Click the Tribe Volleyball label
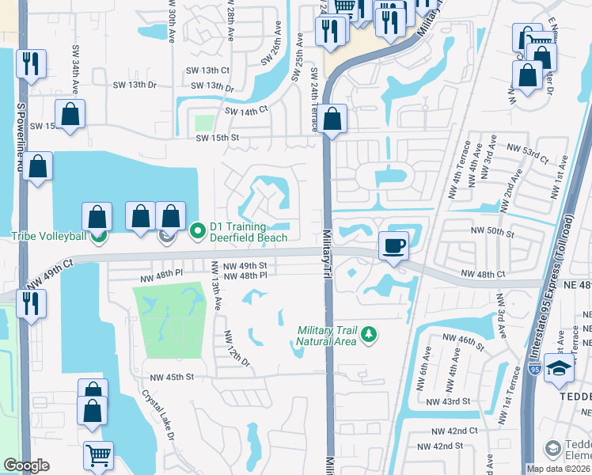(x=46, y=236)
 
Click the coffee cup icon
(x=393, y=245)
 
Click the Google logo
(x=25, y=465)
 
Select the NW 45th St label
(x=169, y=377)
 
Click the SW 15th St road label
(x=218, y=138)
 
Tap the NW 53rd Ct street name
(x=529, y=159)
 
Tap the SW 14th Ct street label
(x=247, y=112)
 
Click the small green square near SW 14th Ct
(x=204, y=123)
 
